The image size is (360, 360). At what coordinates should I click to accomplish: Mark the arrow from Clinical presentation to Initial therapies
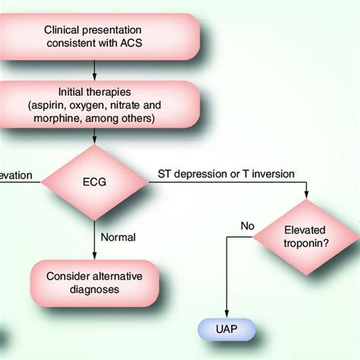[x=94, y=71]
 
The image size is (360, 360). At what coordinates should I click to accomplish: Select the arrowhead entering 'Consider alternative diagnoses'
[x=94, y=254]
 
